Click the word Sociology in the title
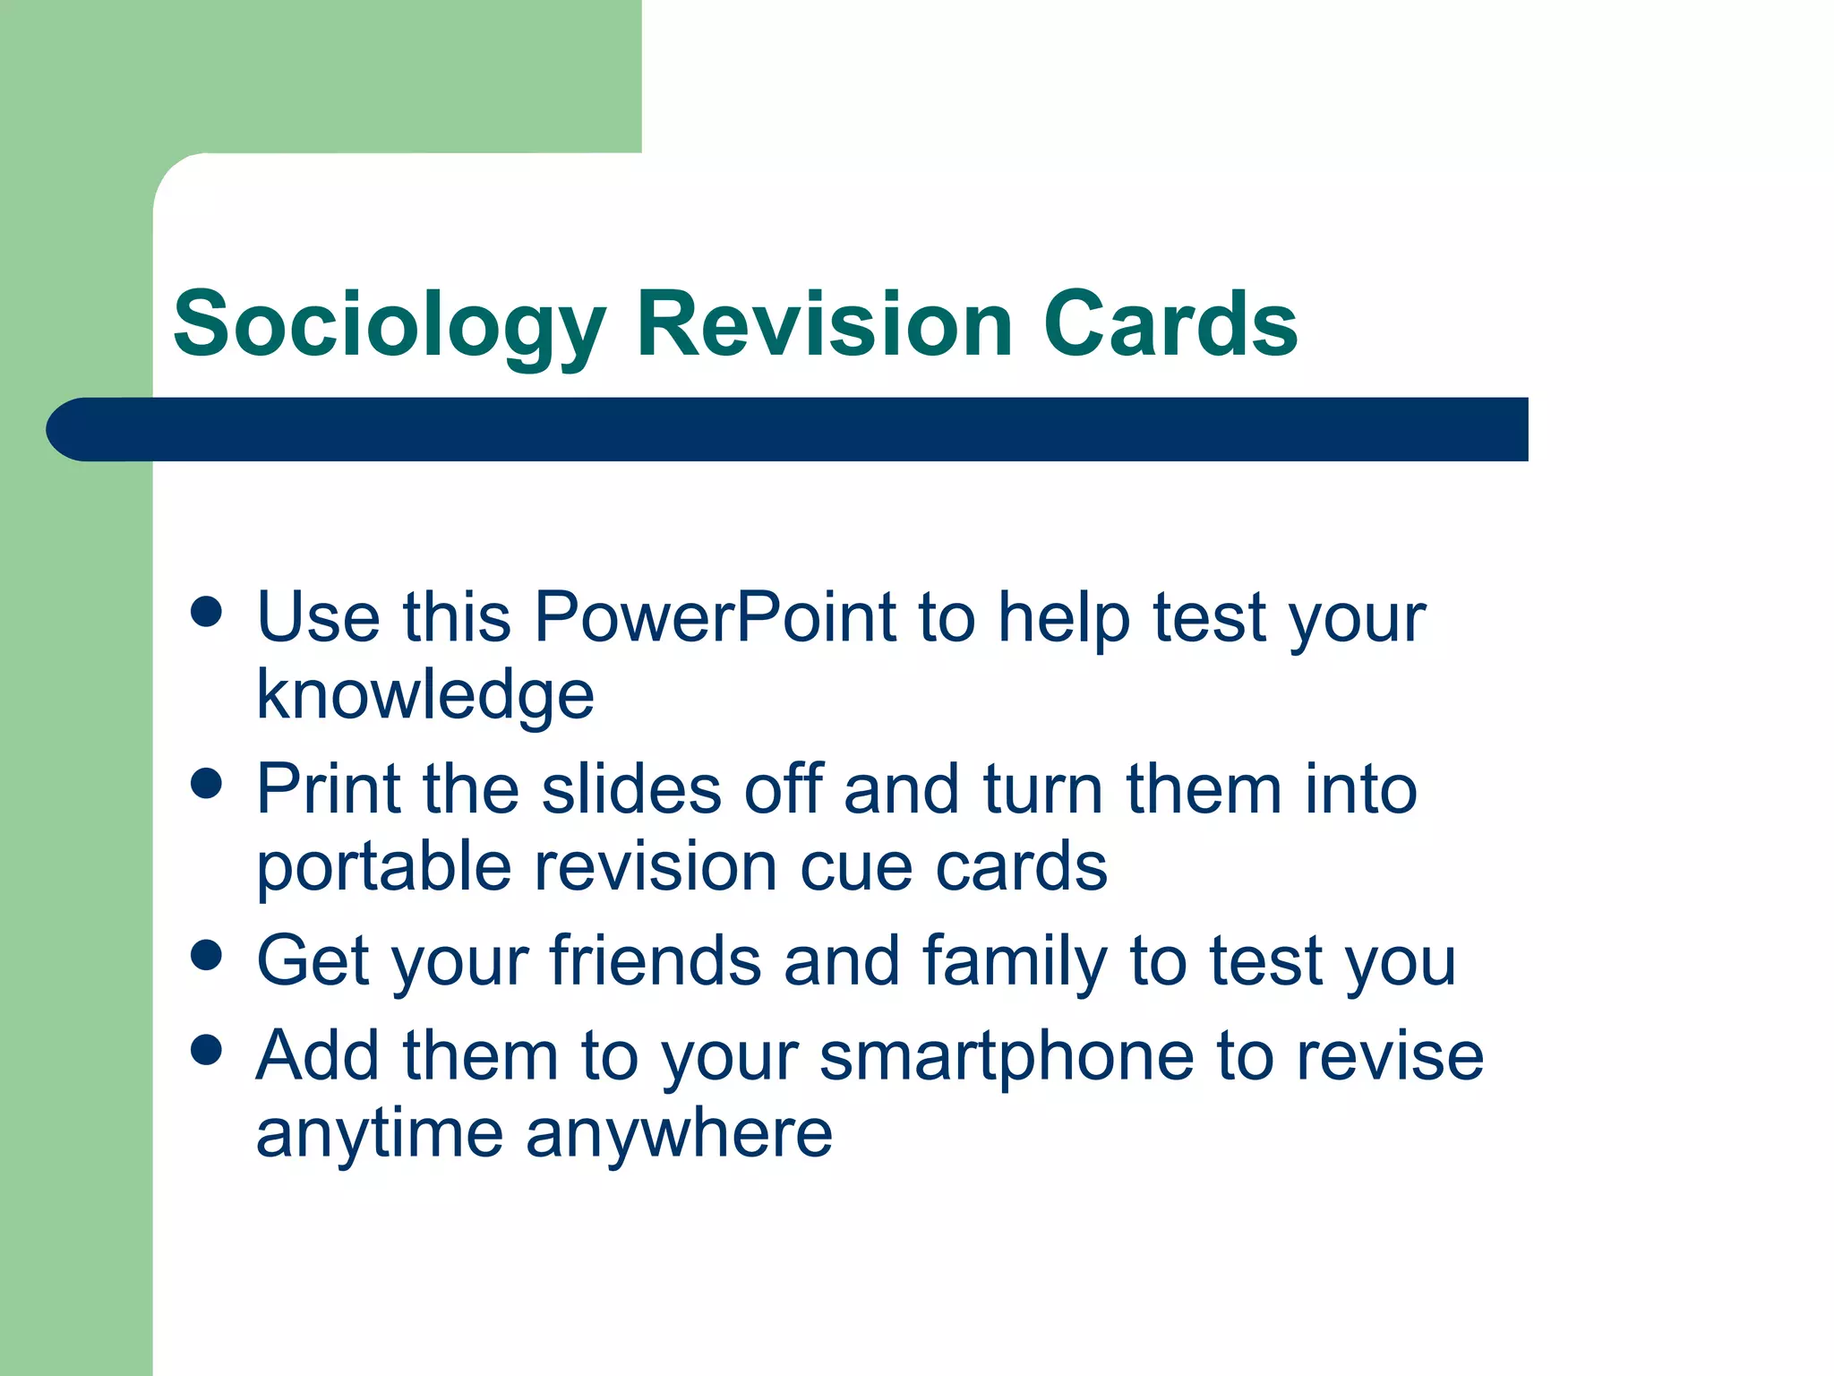tap(390, 324)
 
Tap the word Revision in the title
tap(824, 324)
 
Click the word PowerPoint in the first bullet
tap(715, 617)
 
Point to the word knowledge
tap(425, 695)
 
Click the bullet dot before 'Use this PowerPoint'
tap(207, 613)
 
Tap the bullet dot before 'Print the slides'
tap(207, 784)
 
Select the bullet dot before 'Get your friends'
tap(207, 955)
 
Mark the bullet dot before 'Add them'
tap(207, 1050)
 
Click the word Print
tap(328, 789)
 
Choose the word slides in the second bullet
tap(631, 789)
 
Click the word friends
tap(656, 961)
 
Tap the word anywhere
tap(679, 1134)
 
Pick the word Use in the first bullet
tap(318, 617)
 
